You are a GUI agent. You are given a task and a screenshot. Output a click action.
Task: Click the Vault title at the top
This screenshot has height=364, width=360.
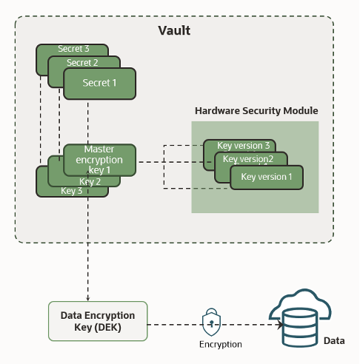pos(174,30)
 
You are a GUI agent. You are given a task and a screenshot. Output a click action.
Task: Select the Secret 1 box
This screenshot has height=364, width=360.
pos(99,84)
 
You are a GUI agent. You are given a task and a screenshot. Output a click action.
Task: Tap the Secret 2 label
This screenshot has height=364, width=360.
pos(82,63)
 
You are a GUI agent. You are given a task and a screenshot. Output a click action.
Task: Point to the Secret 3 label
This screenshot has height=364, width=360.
pos(73,50)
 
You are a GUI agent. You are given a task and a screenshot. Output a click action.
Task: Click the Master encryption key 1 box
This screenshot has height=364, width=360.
pos(99,160)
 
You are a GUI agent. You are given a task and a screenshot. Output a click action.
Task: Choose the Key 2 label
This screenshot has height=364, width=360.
pos(90,181)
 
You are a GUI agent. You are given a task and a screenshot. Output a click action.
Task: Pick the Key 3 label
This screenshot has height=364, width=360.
pos(71,191)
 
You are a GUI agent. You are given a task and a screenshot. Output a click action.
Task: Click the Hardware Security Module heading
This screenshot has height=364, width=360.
pos(256,110)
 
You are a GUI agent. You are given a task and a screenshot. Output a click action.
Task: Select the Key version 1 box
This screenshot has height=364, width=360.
pos(267,178)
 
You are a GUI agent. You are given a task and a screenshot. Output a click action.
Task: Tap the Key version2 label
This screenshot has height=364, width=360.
pos(248,159)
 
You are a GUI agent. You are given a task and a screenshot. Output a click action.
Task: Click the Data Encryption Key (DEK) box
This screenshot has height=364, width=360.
pos(98,320)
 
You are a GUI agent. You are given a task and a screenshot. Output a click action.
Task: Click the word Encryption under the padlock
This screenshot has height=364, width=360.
pos(220,345)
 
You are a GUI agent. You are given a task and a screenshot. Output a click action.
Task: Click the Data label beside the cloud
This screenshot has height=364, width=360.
pos(334,341)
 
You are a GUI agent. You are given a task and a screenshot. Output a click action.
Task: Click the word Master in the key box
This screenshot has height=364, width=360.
pos(99,149)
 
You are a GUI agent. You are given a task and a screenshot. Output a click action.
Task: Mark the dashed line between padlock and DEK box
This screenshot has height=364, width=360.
pos(174,323)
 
